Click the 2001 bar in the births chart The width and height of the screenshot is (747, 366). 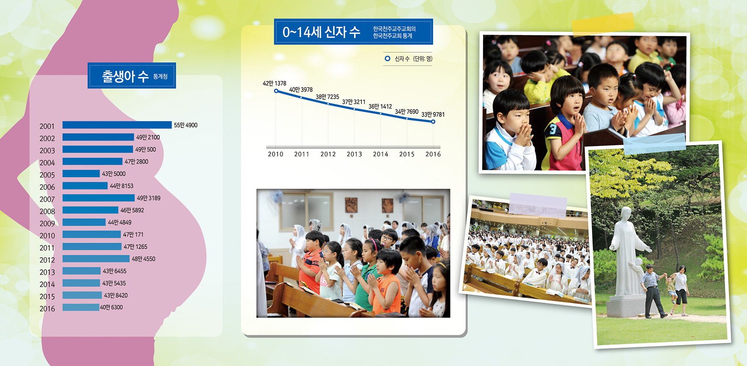117,125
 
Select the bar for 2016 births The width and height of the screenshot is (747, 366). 81,307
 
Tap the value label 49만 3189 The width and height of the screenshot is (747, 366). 149,198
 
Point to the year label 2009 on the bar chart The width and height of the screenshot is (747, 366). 47,223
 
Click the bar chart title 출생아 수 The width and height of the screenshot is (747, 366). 125,76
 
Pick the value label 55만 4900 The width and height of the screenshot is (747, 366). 185,125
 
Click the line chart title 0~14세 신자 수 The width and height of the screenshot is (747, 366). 321,32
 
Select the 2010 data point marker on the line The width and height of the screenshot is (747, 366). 276,91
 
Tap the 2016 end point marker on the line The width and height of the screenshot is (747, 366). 433,122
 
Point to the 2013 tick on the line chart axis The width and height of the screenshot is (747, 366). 354,154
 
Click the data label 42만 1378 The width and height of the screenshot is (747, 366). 275,83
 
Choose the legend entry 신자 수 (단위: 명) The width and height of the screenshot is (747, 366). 408,59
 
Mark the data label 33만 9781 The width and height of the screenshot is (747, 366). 433,115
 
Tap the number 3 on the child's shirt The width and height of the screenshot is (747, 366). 553,129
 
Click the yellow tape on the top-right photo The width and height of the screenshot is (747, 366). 604,24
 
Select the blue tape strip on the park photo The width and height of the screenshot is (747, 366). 654,143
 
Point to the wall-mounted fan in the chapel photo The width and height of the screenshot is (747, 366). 276,196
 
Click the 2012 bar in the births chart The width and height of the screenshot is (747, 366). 96,259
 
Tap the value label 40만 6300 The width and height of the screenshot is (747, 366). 111,307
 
